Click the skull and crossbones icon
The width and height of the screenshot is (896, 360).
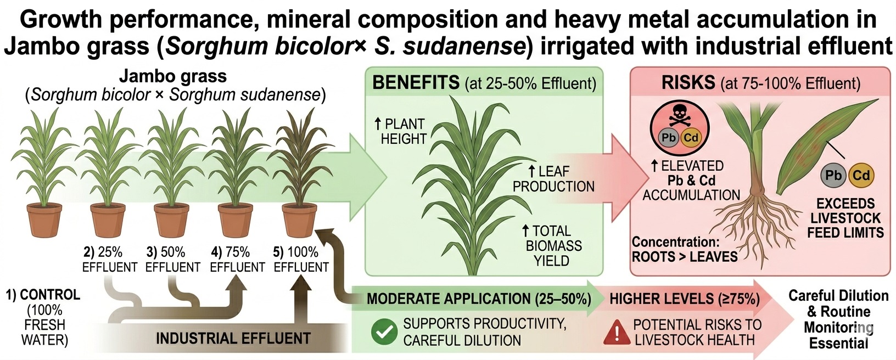[680, 119]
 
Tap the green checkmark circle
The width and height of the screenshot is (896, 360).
[384, 331]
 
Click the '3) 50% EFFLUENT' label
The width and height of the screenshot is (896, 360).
[173, 260]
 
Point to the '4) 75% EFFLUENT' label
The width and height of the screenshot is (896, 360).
[237, 260]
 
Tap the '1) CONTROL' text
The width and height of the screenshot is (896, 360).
[43, 295]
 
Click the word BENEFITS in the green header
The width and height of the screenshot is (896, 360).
[416, 83]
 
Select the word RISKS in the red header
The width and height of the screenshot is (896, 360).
[688, 83]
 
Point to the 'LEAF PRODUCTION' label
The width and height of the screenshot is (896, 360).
[553, 179]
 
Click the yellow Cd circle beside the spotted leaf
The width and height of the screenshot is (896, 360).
[861, 176]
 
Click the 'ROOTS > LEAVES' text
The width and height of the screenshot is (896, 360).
[685, 257]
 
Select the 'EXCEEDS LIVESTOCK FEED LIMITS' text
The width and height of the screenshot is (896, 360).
[845, 218]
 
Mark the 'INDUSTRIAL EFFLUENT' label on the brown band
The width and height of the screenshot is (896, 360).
[233, 339]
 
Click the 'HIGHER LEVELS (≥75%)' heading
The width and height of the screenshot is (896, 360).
[685, 299]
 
